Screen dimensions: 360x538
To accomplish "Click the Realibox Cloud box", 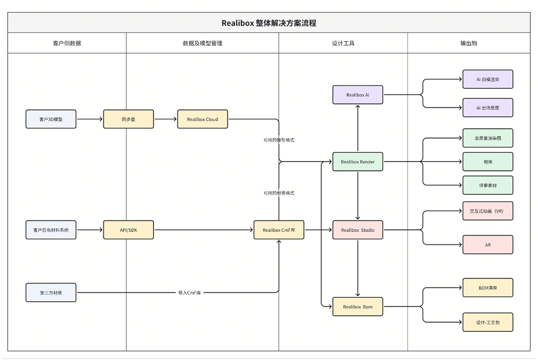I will (203, 119).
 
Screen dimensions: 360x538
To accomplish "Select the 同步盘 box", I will (128, 119).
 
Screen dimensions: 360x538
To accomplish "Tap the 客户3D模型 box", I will (51, 119).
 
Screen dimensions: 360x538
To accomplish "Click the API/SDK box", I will (128, 230).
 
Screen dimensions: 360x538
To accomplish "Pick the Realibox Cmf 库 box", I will (279, 230).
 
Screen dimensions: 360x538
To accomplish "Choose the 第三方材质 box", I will (51, 292).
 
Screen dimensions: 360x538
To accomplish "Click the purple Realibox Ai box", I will (358, 95).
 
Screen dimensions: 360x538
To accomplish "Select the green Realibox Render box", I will (358, 162).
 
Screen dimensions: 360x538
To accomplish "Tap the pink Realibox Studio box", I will (358, 230).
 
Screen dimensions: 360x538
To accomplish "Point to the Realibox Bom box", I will (358, 307).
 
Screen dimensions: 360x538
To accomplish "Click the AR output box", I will (488, 245).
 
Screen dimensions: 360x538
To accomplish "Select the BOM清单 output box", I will (488, 288).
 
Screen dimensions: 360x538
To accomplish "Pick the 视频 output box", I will (488, 162).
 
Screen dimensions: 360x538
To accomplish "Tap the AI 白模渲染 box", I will (488, 80).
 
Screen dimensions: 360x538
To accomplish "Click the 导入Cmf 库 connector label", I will (190, 293).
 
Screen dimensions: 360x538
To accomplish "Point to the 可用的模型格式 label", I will (279, 140).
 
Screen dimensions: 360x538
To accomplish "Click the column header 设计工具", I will (343, 43).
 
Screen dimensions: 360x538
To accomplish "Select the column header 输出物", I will (469, 43).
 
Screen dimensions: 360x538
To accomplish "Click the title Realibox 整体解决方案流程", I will (269, 23).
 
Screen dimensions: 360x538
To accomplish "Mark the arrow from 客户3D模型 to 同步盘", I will (90, 119).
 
